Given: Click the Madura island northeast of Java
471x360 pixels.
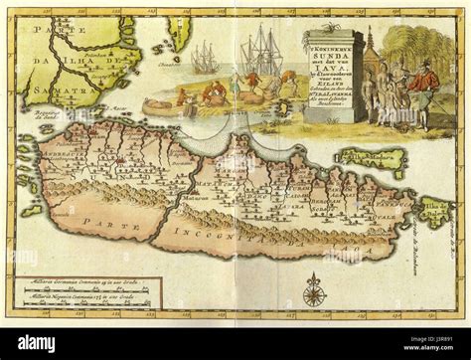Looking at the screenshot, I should point(372,158).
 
